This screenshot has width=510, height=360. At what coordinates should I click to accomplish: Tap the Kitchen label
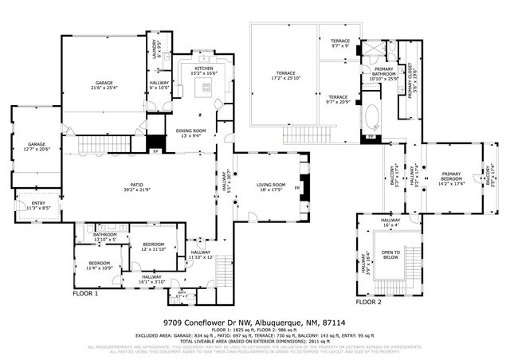tap(204, 69)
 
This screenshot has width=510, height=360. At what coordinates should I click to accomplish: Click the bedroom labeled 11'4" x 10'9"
tap(100, 265)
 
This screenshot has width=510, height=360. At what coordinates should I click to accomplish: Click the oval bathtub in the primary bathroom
tap(373, 118)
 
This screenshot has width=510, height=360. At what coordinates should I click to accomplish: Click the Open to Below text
tap(390, 255)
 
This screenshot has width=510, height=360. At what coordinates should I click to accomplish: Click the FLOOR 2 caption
tap(370, 303)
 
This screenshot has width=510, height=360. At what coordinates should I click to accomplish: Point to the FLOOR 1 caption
tap(85, 293)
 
